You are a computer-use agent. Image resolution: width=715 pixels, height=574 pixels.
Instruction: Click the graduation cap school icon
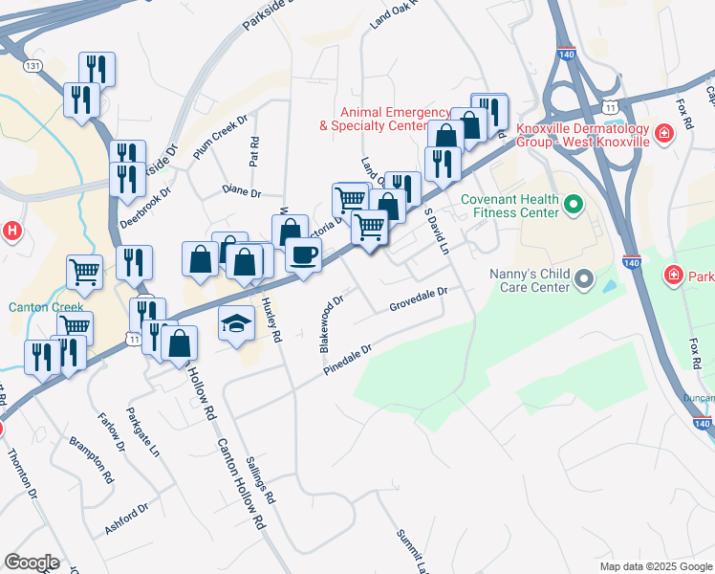click(x=236, y=324)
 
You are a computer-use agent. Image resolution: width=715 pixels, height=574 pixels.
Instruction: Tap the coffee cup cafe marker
click(x=304, y=255)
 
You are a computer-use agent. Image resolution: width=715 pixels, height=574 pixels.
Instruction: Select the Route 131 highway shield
click(x=34, y=65)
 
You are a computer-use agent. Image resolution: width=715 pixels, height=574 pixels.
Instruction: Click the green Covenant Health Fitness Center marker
click(x=574, y=205)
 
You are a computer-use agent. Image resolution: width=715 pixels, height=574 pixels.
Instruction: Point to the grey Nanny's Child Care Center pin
click(x=583, y=280)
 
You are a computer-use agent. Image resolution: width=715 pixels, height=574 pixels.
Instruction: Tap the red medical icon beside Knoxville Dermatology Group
click(x=661, y=135)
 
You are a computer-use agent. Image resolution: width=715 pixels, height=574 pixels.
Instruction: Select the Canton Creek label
click(x=34, y=308)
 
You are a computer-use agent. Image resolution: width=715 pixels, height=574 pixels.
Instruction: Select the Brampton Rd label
click(x=92, y=459)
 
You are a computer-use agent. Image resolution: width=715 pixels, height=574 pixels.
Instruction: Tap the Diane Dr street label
click(x=241, y=192)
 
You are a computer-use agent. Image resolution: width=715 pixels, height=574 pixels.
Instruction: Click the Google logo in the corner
click(x=32, y=563)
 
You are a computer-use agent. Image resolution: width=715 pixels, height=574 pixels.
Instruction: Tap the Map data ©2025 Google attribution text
click(x=655, y=566)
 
